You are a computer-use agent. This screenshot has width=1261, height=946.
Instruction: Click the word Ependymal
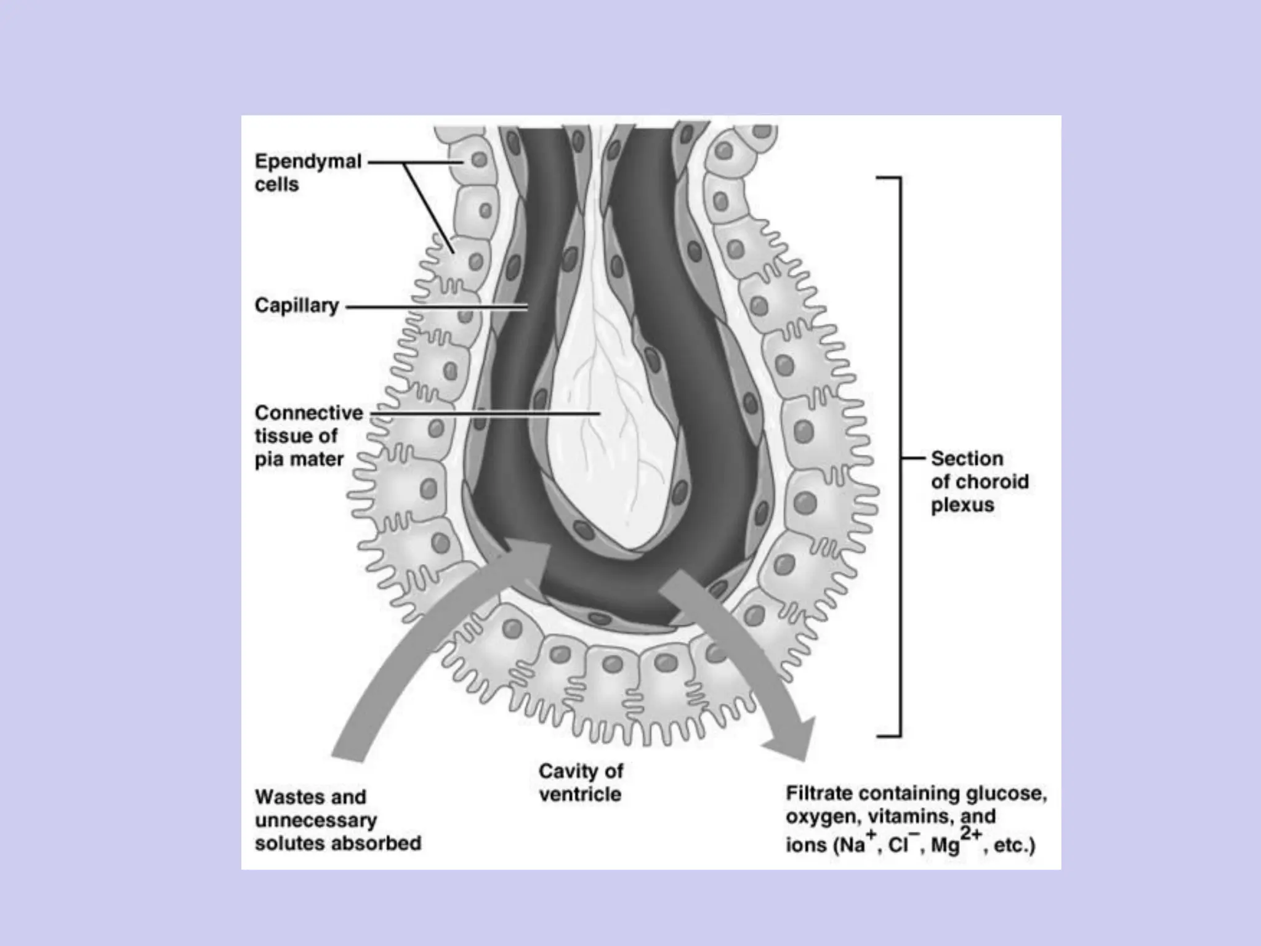308,162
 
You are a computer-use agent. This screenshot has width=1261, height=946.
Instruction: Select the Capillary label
297,305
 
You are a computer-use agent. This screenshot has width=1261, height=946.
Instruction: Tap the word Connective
309,413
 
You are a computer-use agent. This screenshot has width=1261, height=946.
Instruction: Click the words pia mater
299,459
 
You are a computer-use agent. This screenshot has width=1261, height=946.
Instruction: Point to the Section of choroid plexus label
979,482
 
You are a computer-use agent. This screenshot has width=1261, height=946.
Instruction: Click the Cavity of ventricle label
581,782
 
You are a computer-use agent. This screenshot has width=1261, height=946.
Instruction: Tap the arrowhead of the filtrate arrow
791,739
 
